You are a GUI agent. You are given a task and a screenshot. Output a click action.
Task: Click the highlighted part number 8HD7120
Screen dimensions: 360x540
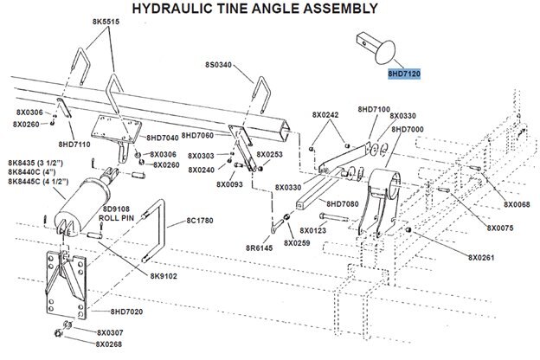tap(404, 75)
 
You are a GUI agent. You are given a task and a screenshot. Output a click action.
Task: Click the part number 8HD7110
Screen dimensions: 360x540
tap(76, 144)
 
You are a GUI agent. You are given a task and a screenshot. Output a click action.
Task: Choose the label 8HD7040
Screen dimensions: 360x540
tap(163, 138)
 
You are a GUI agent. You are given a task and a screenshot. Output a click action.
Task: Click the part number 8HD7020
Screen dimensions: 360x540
tap(129, 310)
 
